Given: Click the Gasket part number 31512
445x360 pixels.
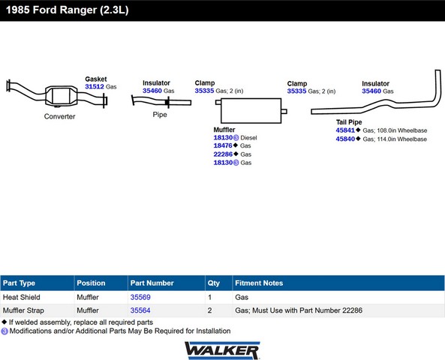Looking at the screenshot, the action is pyautogui.click(x=95, y=86).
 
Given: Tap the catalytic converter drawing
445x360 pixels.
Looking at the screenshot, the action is pyautogui.click(x=61, y=96).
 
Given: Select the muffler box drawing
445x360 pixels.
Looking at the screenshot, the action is pyautogui.click(x=251, y=111).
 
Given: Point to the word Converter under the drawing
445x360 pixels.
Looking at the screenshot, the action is pyautogui.click(x=59, y=116).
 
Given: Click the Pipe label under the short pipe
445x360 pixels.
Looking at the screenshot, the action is pyautogui.click(x=160, y=115).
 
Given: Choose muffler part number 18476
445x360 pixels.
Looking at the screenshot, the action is pyautogui.click(x=223, y=145).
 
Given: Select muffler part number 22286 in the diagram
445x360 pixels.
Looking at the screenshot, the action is pyautogui.click(x=223, y=154).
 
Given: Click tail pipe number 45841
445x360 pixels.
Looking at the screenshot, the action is pyautogui.click(x=345, y=130).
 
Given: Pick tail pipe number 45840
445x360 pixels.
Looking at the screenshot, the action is pyautogui.click(x=345, y=139).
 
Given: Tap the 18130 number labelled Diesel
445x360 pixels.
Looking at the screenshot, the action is pyautogui.click(x=223, y=137).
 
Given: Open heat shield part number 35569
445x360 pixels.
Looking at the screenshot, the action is pyautogui.click(x=140, y=297).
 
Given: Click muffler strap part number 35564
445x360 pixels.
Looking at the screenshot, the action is pyautogui.click(x=140, y=310).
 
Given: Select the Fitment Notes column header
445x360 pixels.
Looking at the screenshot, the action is pyautogui.click(x=259, y=283).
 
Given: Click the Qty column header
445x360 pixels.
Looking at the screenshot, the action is pyautogui.click(x=213, y=283).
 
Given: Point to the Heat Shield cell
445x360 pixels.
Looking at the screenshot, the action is pyautogui.click(x=22, y=297).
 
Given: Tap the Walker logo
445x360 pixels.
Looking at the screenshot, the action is pyautogui.click(x=222, y=351).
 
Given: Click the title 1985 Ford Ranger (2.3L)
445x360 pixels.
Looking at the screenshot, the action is pyautogui.click(x=68, y=10).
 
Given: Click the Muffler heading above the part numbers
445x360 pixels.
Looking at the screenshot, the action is pyautogui.click(x=224, y=130).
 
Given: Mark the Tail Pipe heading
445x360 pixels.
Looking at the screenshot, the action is pyautogui.click(x=349, y=122).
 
